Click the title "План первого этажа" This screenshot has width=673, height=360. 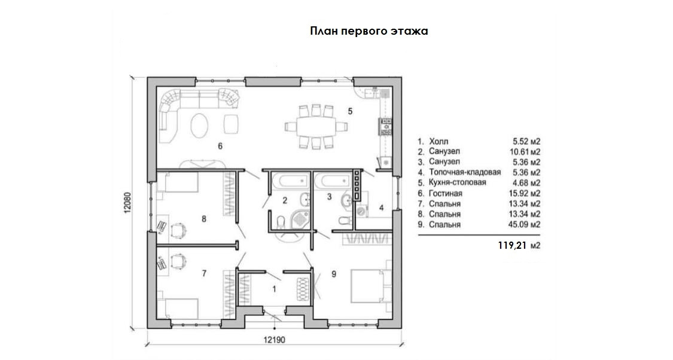click(369, 31)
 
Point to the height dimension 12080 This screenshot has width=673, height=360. click(127, 204)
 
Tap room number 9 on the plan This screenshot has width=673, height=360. click(334, 274)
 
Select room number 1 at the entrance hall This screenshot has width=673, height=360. click(274, 289)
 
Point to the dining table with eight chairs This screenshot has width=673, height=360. click(315, 126)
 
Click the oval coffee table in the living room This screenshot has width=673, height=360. click(200, 126)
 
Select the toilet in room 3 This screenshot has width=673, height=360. click(342, 221)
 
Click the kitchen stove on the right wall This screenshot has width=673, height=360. click(385, 126)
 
